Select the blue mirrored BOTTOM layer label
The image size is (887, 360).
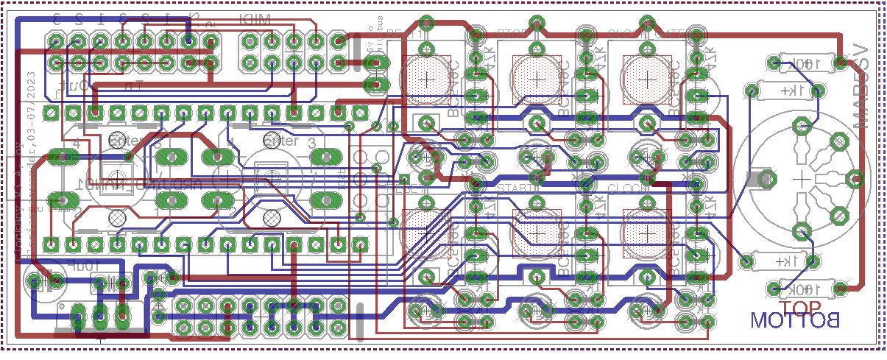coord(794,321)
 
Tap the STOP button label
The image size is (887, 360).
coord(515,33)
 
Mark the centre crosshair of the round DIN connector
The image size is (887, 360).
coord(801,177)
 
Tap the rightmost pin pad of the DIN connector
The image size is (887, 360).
coord(855,177)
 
